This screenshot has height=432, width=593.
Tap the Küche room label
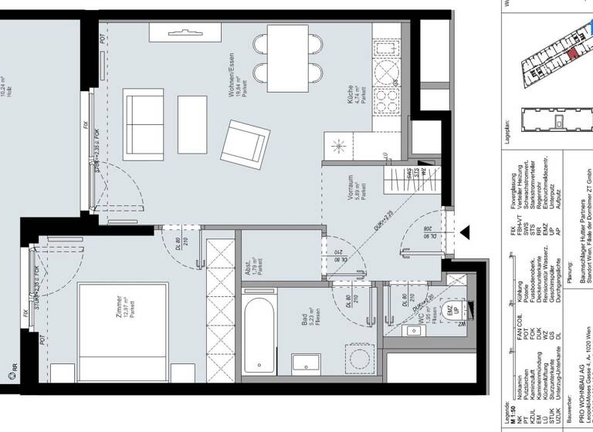[351, 104]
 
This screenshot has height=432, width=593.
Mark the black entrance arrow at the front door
[464, 231]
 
